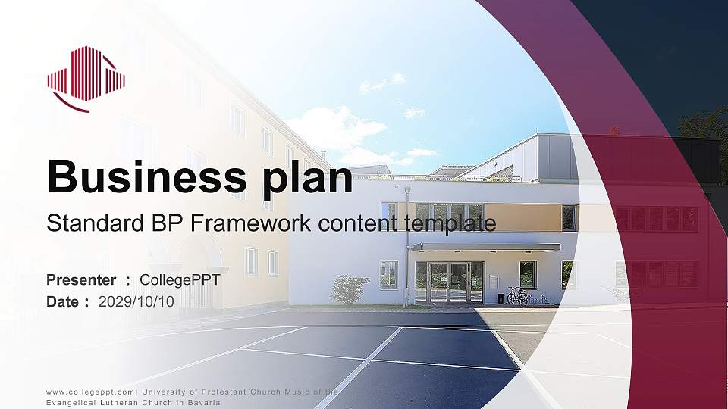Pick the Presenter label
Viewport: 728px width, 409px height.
tap(81, 280)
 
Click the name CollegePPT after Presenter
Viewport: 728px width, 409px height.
tap(180, 280)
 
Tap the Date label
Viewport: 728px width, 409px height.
tap(63, 301)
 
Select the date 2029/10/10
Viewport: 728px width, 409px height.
tap(136, 301)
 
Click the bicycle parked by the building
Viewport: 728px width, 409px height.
tap(517, 295)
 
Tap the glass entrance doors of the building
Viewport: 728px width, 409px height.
tap(449, 282)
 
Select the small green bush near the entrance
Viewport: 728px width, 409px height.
tap(350, 290)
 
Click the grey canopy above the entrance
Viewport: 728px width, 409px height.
tap(486, 247)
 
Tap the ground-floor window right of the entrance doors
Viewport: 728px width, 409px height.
tap(528, 274)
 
